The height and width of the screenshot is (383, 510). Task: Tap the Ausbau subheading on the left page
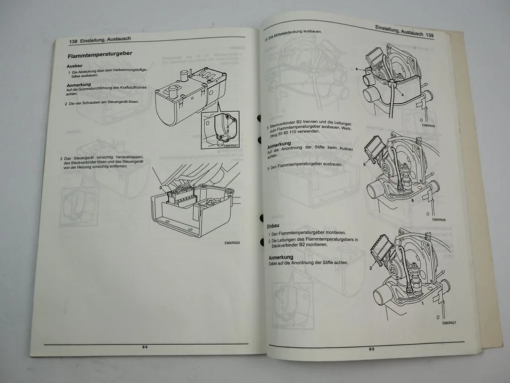coord(75,66)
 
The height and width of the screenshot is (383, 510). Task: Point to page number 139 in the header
coord(430,36)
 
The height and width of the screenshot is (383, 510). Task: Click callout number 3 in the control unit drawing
coord(161,188)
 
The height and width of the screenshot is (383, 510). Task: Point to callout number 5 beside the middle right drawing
coord(365,164)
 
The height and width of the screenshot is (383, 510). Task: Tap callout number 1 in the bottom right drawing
coord(423,303)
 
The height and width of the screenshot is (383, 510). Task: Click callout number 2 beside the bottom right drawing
coord(371,268)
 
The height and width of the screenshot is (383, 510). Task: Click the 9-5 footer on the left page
coord(145,347)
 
